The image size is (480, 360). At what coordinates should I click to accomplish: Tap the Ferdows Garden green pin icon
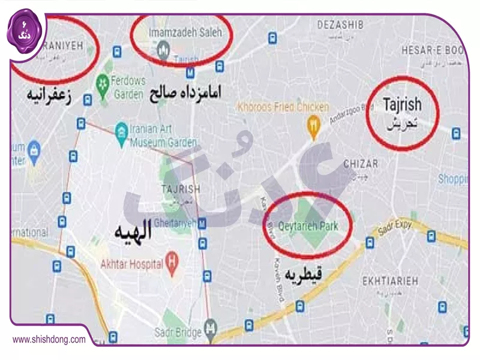(x=103, y=81)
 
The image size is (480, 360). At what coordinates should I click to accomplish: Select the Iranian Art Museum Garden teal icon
(x=122, y=131)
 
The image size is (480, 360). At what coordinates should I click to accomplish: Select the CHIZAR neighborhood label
(x=361, y=164)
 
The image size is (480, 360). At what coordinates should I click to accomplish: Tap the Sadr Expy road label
(x=395, y=229)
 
